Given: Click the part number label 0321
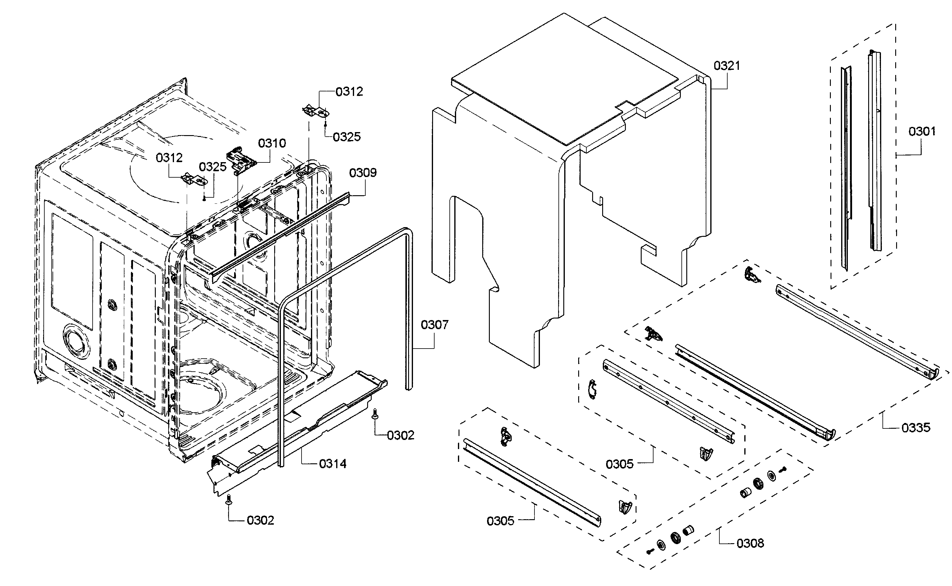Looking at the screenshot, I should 726,66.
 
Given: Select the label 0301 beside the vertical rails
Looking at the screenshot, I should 922,131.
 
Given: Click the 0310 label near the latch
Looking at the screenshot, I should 272,143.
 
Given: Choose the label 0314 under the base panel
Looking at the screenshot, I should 333,464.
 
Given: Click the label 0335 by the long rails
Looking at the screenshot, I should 916,428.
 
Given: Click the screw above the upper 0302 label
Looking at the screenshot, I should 375,414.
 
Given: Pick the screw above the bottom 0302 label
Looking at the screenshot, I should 228,501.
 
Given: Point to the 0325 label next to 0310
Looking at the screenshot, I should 213,167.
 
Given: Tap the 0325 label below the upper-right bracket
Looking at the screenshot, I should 346,137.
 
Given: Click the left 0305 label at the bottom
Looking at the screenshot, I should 500,521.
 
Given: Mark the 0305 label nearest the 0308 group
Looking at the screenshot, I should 619,464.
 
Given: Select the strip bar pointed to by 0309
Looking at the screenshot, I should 279,237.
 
